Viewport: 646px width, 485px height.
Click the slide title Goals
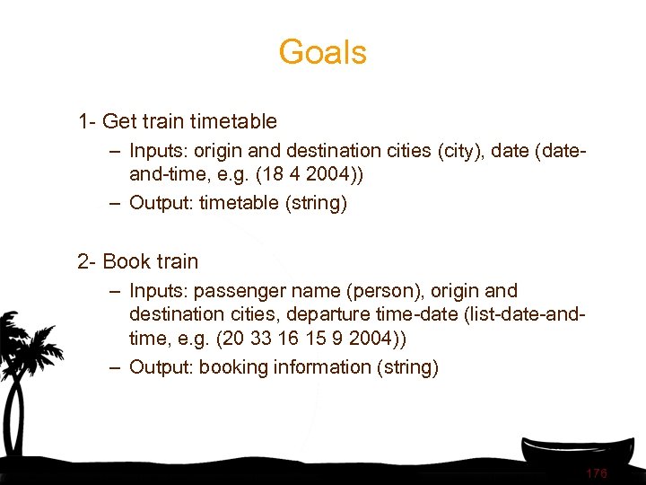(322, 52)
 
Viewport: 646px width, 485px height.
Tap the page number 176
(597, 473)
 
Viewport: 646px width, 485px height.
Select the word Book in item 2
(127, 261)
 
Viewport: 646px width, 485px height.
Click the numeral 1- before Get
(88, 120)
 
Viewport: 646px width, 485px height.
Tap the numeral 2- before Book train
(88, 261)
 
